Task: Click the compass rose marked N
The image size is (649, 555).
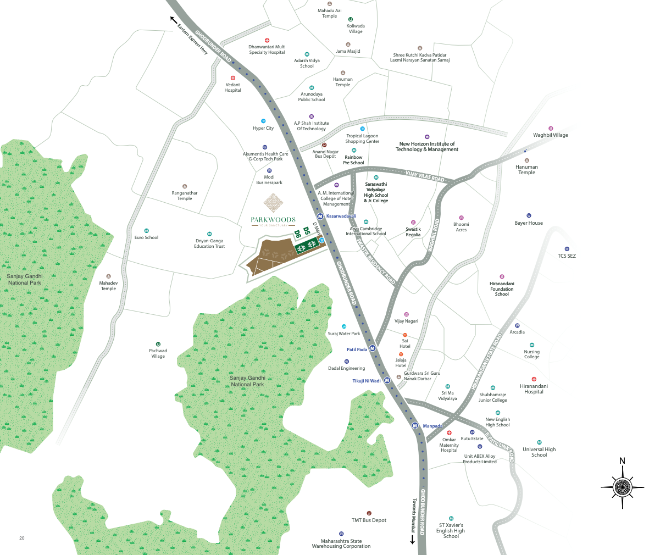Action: (x=622, y=486)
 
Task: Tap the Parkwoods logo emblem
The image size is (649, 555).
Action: (x=273, y=203)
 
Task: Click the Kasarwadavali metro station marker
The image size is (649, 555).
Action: (x=320, y=217)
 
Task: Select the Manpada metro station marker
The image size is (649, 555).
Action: (x=415, y=426)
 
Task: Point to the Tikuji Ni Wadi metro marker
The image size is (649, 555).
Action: (x=387, y=380)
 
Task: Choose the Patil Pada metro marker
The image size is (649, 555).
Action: (x=372, y=348)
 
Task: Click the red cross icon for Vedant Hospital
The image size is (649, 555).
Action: (x=233, y=78)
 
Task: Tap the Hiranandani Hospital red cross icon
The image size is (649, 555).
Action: (x=534, y=379)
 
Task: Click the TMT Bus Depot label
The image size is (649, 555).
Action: (x=369, y=520)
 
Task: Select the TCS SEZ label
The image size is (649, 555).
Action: (x=567, y=256)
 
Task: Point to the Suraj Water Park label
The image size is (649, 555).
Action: (x=343, y=334)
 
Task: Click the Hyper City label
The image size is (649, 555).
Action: (x=263, y=129)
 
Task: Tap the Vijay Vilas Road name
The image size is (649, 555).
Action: (x=425, y=176)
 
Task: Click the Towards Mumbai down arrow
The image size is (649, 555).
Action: (x=412, y=540)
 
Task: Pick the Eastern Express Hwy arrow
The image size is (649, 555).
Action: (x=174, y=20)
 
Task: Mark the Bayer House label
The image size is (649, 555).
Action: (x=529, y=223)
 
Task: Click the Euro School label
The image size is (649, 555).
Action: (x=146, y=237)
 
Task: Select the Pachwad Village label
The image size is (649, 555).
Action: (x=158, y=353)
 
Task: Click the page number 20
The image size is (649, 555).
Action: (x=22, y=538)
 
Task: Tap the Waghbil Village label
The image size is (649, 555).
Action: (x=550, y=135)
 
